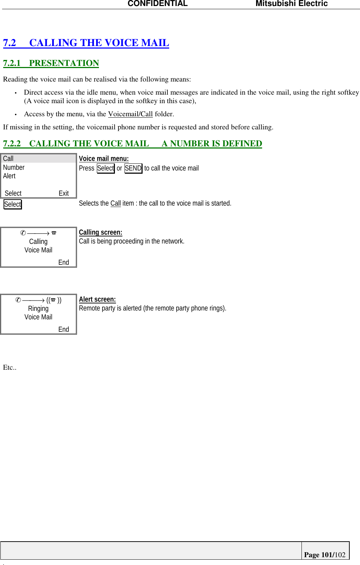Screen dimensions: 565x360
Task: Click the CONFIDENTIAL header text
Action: (157, 4)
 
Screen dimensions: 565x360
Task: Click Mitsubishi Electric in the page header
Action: (292, 4)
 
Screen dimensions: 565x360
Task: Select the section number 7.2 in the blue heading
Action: (10, 43)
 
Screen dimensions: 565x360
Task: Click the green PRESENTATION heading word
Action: (64, 63)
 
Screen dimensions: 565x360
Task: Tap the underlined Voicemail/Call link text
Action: (130, 114)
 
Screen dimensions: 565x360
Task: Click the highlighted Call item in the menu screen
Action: (9, 158)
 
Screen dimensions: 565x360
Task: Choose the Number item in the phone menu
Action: (14, 167)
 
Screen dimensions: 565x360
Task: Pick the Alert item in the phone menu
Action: (9, 176)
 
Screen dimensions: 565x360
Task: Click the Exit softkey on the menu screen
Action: (63, 193)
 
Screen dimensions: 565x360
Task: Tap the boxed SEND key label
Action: (133, 168)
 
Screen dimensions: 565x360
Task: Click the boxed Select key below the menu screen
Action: (13, 204)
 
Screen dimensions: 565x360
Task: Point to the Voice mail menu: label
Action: (104, 158)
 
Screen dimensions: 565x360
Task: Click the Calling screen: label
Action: (100, 232)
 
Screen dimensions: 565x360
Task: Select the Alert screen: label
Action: (97, 299)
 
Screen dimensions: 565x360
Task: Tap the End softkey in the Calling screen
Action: (63, 262)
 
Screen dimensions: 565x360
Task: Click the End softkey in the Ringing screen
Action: (63, 329)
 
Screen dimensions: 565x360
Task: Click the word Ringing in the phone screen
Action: (38, 308)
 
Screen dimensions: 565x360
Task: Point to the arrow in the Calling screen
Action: (38, 233)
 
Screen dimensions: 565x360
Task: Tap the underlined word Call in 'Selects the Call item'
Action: (116, 203)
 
